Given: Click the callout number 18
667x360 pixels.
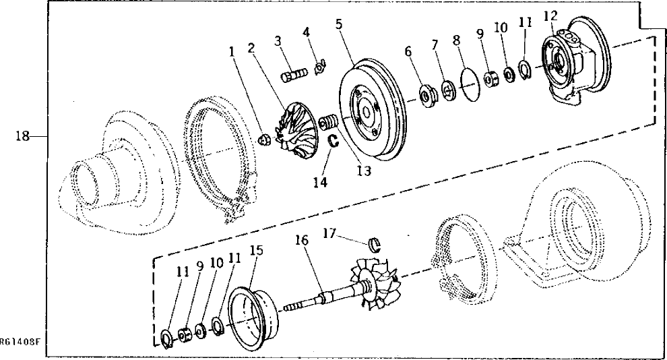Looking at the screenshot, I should coord(22,136).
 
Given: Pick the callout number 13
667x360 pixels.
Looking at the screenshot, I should coord(364,171).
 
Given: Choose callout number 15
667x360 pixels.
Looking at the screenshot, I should coord(255,251).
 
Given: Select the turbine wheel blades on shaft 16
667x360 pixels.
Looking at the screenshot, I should coord(375,283).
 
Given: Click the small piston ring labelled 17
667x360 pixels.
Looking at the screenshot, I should coord(379,243).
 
